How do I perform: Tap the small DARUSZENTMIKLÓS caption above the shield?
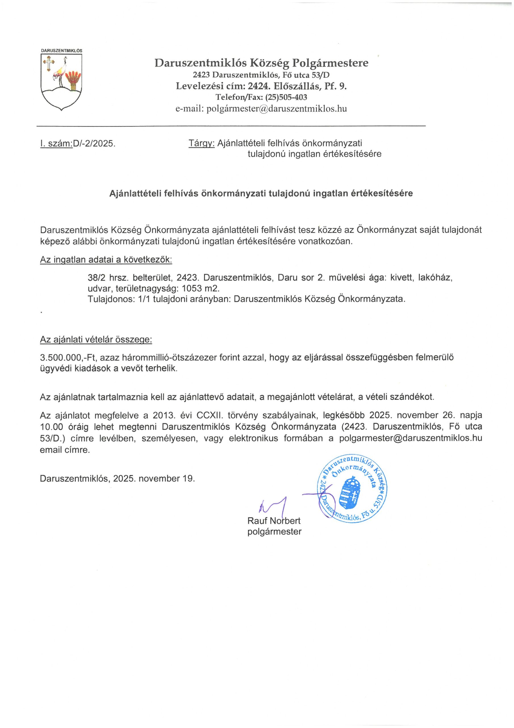[x=61, y=51]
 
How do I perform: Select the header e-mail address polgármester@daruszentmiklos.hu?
[x=277, y=109]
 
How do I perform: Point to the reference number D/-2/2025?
[x=94, y=144]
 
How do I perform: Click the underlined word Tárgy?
[x=202, y=143]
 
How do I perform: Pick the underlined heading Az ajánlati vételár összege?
[x=96, y=340]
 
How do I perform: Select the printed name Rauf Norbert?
[x=274, y=521]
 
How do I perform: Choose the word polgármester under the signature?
[x=274, y=531]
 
